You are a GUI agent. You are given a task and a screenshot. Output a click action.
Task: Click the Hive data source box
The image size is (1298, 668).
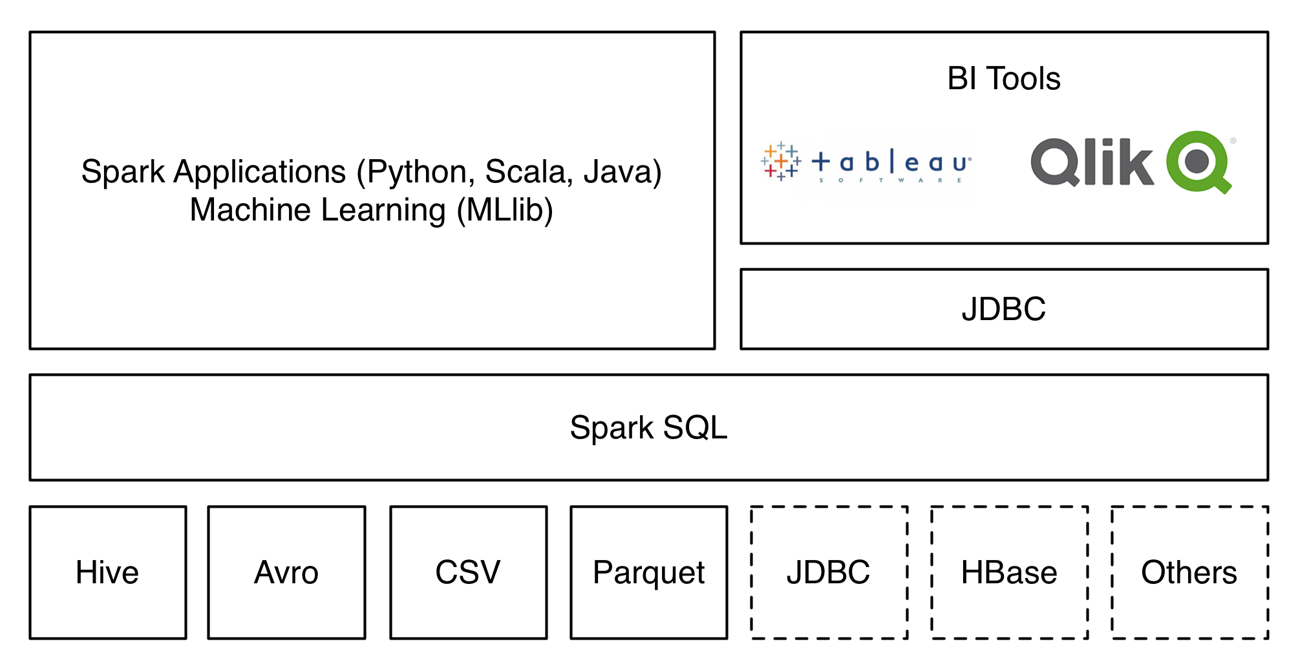(107, 573)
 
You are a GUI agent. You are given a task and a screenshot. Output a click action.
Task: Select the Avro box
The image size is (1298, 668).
(286, 573)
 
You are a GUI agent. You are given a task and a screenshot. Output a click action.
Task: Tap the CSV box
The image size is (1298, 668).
(468, 573)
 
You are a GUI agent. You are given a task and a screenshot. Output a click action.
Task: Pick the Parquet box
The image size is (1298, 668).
(648, 573)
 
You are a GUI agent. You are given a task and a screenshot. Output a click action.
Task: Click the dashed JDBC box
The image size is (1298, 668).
(829, 573)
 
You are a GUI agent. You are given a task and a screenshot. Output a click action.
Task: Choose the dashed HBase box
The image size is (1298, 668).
(1009, 573)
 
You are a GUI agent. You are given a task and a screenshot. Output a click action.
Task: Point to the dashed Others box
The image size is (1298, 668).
(1189, 573)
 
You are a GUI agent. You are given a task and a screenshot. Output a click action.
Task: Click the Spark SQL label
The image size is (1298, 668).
(648, 428)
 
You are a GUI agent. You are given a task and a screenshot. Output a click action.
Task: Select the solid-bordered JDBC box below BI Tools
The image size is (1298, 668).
(1004, 309)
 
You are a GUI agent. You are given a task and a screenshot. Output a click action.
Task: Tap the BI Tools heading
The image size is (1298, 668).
(1004, 79)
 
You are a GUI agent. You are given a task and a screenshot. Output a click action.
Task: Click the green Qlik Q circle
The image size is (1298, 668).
(1198, 162)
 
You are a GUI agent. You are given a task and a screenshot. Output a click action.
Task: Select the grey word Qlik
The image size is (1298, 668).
(1092, 162)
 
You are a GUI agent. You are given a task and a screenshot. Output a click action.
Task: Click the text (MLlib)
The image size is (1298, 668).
(505, 210)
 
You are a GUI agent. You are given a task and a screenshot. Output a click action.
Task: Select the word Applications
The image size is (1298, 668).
(260, 173)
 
